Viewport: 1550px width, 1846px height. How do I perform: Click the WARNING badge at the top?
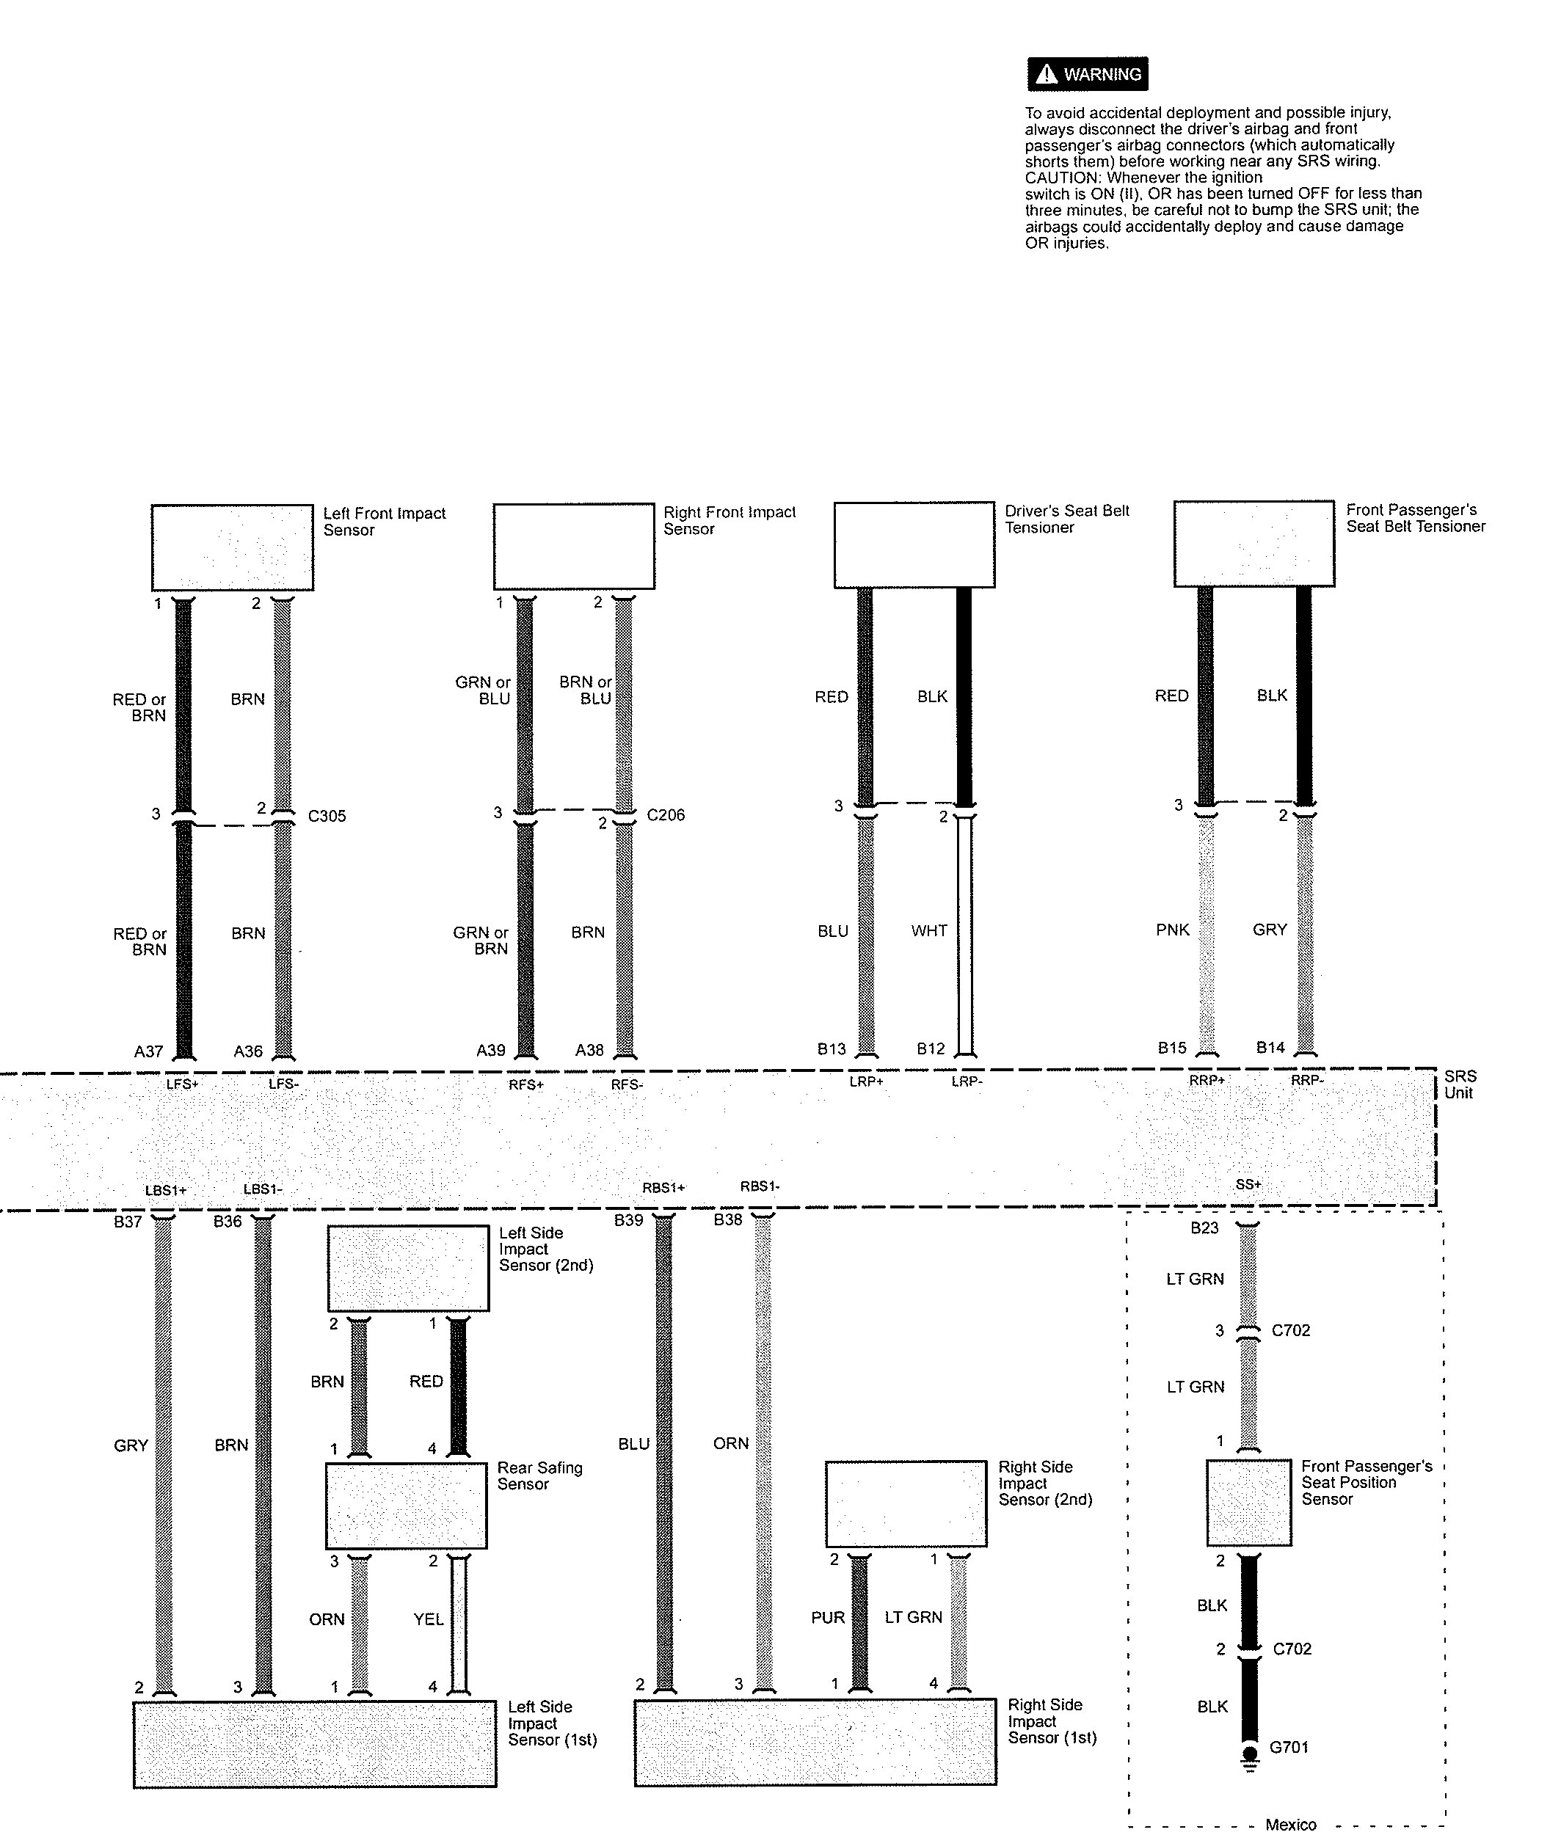pyautogui.click(x=1088, y=74)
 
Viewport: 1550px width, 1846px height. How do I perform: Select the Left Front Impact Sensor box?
pyautogui.click(x=232, y=547)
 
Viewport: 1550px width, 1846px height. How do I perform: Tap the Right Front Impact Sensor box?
pyautogui.click(x=574, y=546)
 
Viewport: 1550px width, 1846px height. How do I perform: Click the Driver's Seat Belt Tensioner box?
pyautogui.click(x=914, y=545)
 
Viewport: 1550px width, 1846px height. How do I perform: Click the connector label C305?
pyautogui.click(x=327, y=817)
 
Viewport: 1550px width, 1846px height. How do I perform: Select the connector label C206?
pyautogui.click(x=666, y=815)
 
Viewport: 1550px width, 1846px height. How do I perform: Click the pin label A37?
pyautogui.click(x=148, y=1051)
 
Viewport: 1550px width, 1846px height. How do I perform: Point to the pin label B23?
pyautogui.click(x=1204, y=1228)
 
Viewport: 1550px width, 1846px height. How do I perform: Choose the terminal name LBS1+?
pyautogui.click(x=166, y=1190)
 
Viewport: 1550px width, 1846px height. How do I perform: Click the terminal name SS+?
pyautogui.click(x=1248, y=1185)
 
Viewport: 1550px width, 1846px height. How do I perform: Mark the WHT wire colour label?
pyautogui.click(x=929, y=931)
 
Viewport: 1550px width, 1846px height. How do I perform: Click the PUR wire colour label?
pyautogui.click(x=828, y=1617)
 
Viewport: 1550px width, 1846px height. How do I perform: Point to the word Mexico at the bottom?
pyautogui.click(x=1291, y=1825)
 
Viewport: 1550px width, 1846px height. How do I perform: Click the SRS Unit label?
pyautogui.click(x=1460, y=1084)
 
